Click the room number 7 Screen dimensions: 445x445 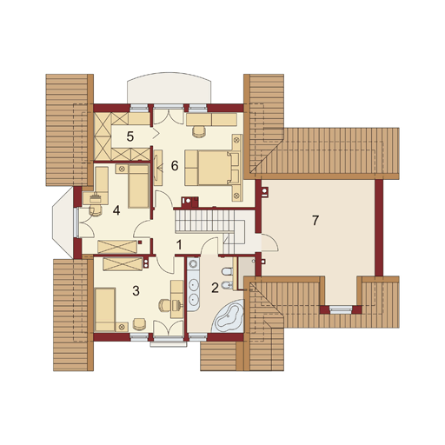tap(315, 220)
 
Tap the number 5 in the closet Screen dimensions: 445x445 tap(130, 136)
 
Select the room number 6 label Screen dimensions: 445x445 tap(175, 166)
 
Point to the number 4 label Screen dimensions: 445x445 tap(116, 210)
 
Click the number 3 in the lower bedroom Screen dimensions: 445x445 tap(136, 290)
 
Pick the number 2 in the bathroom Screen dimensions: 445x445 tap(215, 288)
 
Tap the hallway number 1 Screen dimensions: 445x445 tap(179, 245)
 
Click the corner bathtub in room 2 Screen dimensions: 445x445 tap(229, 316)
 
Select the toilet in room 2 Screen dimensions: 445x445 tap(227, 272)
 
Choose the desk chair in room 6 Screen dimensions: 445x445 tap(199, 130)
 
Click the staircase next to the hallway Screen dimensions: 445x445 tap(204, 221)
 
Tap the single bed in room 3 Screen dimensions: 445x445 tap(105, 309)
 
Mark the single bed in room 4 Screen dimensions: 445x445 tap(139, 186)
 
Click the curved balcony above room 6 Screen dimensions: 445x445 tap(169, 89)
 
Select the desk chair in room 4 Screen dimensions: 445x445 tap(96, 210)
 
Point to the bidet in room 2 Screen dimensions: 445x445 tap(227, 286)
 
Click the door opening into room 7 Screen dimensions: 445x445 tap(270, 242)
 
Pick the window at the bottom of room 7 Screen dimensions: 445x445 tap(341, 310)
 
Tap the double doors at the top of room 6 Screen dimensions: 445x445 tap(169, 116)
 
